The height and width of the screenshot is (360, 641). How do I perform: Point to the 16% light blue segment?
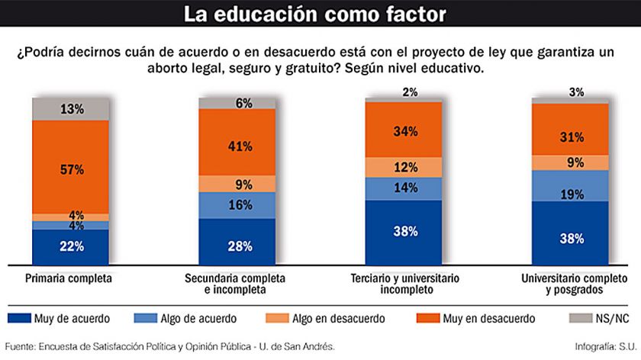click(x=237, y=205)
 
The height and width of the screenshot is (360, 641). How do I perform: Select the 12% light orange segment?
click(x=404, y=167)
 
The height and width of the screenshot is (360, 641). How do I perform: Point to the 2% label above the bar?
click(x=410, y=92)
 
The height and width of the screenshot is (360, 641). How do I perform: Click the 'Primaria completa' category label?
click(x=69, y=279)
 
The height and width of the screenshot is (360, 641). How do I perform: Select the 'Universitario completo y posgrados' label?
click(x=572, y=284)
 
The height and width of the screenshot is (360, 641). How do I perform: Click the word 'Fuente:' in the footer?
click(x=23, y=347)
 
